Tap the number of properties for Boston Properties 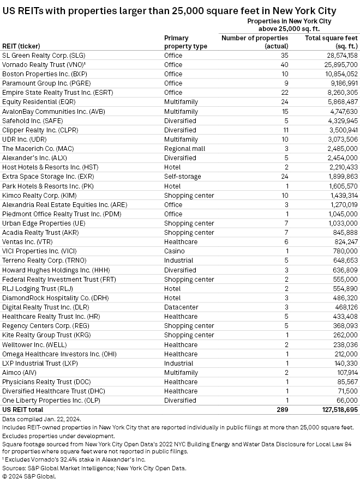pyautogui.click(x=284, y=74)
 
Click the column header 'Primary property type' pyautogui.click(x=185, y=42)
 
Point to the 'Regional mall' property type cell pyautogui.click(x=184, y=149)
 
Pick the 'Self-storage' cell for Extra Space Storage pyautogui.click(x=182, y=177)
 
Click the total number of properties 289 pyautogui.click(x=282, y=409)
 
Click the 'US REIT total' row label pyautogui.click(x=23, y=409)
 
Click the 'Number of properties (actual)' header pyautogui.click(x=255, y=42)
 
